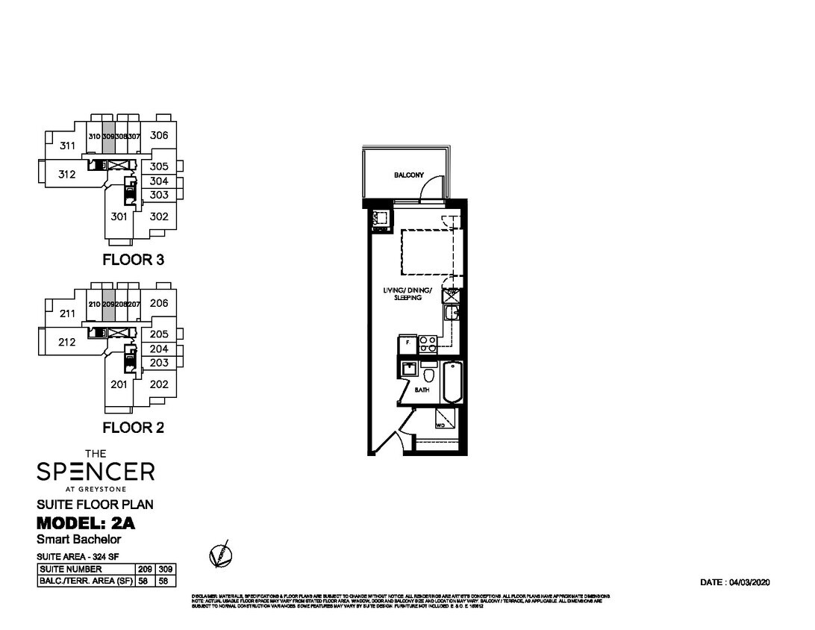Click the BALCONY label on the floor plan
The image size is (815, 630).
click(408, 175)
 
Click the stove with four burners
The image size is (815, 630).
click(428, 344)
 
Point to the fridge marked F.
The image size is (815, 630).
click(407, 345)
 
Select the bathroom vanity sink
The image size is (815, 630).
click(408, 369)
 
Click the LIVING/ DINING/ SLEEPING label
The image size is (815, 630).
click(408, 293)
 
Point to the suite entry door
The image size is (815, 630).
click(387, 440)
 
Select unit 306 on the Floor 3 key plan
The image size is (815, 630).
click(158, 136)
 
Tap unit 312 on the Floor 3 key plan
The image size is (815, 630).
click(67, 175)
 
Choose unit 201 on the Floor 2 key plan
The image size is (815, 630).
click(119, 384)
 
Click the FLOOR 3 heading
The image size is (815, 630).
click(133, 261)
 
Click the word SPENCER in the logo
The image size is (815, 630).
click(96, 471)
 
